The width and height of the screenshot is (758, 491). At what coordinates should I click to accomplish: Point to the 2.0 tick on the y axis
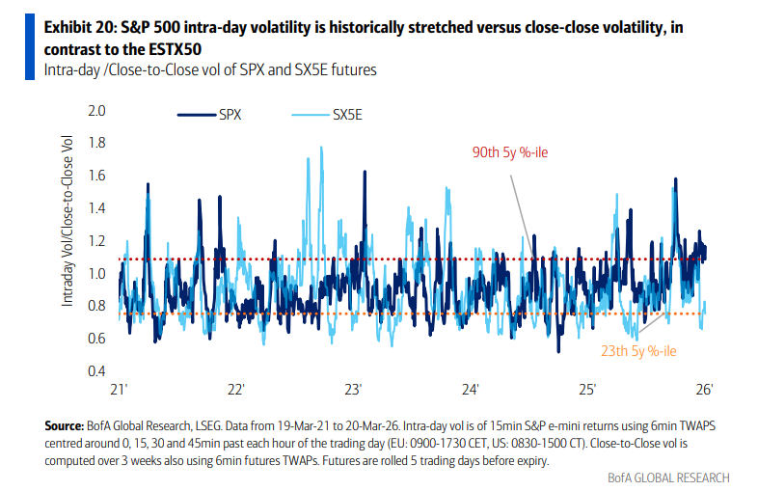pos(95,111)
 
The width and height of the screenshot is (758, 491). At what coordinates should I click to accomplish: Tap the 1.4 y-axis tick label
pos(95,208)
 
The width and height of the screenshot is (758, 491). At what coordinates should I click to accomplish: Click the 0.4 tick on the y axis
pos(95,371)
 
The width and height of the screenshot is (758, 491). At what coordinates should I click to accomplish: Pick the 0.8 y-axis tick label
pos(95,306)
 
